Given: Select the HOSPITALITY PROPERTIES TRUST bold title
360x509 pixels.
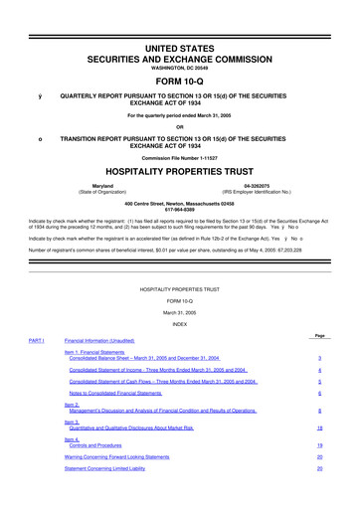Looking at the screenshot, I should (179, 171).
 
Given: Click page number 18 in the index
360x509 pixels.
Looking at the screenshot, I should (318, 426).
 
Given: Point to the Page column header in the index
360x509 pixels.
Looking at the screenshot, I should (318, 336).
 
